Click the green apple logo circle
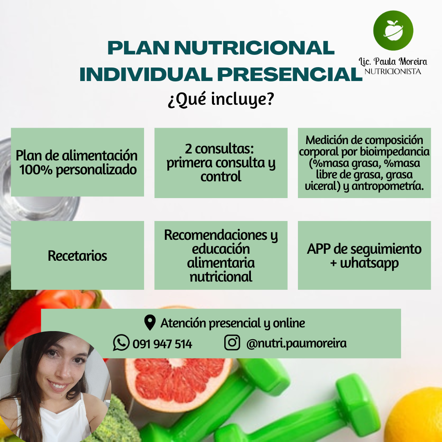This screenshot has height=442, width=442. tap(393, 30)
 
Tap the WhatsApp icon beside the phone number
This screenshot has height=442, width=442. tap(121, 343)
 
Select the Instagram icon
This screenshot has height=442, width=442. tap(232, 343)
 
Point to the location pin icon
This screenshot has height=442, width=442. tap(150, 322)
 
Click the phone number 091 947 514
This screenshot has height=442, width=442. tap(162, 344)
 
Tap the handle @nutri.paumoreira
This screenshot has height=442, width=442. tap(296, 343)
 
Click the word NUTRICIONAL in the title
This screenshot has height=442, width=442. tap(254, 48)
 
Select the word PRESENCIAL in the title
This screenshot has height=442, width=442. tap(289, 74)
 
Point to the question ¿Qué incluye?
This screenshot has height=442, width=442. tap(221, 100)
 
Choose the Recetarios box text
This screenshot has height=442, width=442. tap(77, 256)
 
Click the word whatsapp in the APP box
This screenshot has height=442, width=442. tap(369, 263)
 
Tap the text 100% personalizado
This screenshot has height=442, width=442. tap(78, 170)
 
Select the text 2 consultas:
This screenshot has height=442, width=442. tap(219, 149)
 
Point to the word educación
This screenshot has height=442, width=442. tap(221, 249)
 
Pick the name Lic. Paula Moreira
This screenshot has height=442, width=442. tap(392, 61)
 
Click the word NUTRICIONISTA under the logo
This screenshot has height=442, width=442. tap(392, 71)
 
